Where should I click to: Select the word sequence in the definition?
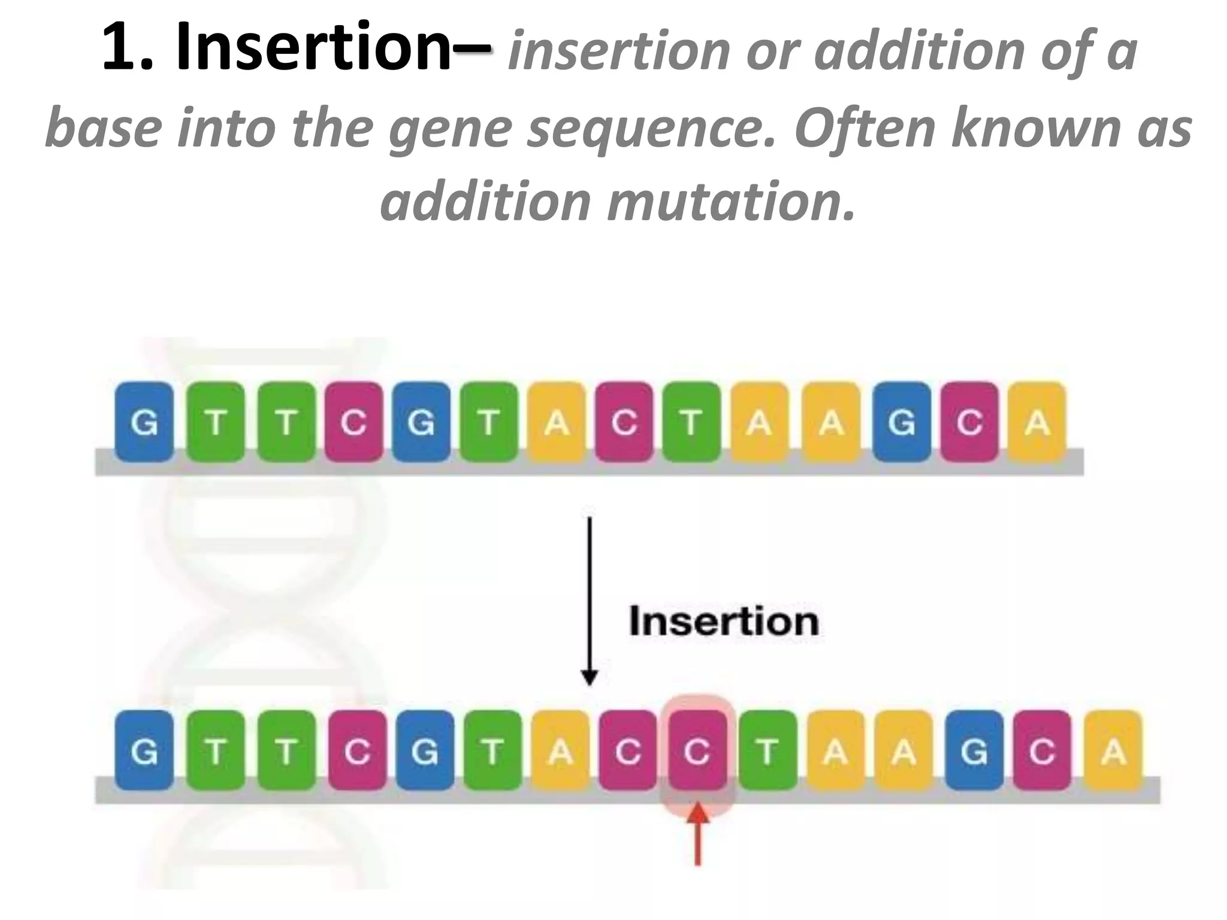pyautogui.click(x=650, y=127)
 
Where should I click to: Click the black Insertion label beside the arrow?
pyautogui.click(x=724, y=621)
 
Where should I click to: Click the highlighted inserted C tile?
pyautogui.click(x=697, y=750)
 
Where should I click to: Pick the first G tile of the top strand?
pyautogui.click(x=144, y=422)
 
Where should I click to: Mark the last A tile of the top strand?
pyautogui.click(x=1037, y=422)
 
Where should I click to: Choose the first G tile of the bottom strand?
pyautogui.click(x=144, y=750)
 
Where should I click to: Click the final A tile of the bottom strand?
pyautogui.click(x=1113, y=750)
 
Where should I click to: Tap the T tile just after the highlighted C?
pyautogui.click(x=767, y=750)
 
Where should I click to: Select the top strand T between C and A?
pyautogui.click(x=691, y=422)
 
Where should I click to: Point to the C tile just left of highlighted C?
pyautogui.click(x=628, y=750)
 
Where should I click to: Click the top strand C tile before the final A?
pyautogui.click(x=969, y=422)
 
